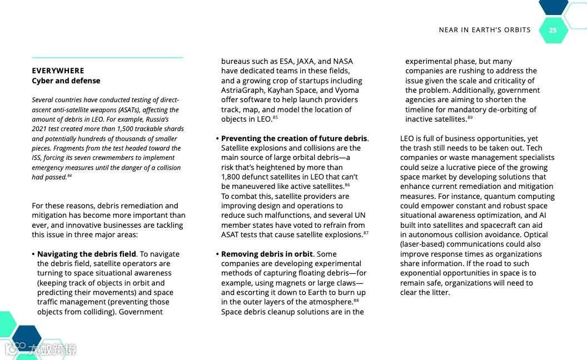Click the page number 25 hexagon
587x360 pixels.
(x=553, y=30)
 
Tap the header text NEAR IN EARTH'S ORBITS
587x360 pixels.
(x=485, y=30)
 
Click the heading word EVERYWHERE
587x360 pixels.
(x=58, y=71)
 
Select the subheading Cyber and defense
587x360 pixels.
(x=66, y=81)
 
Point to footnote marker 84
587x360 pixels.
(x=69, y=176)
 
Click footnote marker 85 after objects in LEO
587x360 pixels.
(x=275, y=117)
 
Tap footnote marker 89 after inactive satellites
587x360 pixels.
(x=470, y=117)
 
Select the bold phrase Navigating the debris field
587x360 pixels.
(x=86, y=254)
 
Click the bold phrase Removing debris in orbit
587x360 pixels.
(x=267, y=254)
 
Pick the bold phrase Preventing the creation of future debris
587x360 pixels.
(x=294, y=138)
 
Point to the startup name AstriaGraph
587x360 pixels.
(x=242, y=90)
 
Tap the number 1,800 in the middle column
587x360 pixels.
(x=232, y=177)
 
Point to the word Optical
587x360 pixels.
(x=535, y=234)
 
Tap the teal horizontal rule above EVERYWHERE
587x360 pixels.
(x=107, y=57)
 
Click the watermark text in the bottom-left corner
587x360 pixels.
(x=56, y=349)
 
